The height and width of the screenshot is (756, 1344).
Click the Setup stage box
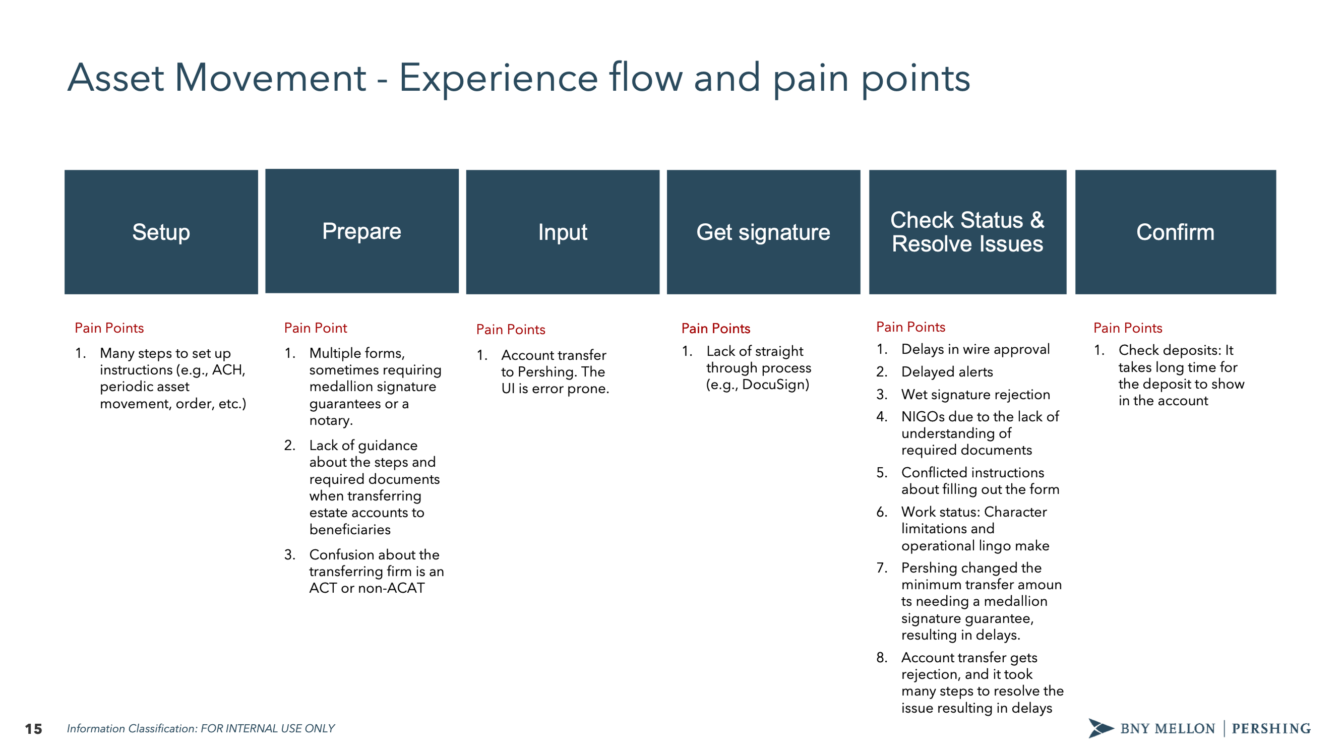tap(161, 232)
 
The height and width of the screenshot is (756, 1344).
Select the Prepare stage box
tap(361, 231)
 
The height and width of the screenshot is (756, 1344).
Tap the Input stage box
tap(563, 232)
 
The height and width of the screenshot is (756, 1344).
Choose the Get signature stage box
tap(763, 232)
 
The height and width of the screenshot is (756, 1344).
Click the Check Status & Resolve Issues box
tap(967, 232)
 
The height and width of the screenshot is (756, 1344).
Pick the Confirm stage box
tap(1175, 232)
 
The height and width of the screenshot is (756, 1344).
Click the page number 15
tap(33, 728)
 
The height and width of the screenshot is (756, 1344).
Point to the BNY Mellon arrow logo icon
tap(1100, 728)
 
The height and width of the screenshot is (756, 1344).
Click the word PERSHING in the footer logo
tap(1271, 728)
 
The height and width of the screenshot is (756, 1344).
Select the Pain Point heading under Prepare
tap(315, 328)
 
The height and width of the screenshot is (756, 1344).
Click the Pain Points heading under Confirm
tap(1128, 328)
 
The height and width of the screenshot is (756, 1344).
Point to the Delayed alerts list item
tap(946, 371)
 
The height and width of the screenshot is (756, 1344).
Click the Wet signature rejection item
tap(975, 394)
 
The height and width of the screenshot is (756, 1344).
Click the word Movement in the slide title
tap(270, 78)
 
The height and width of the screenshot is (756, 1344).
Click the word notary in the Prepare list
tap(330, 420)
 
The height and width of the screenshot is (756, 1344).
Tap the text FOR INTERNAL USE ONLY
tap(267, 728)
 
